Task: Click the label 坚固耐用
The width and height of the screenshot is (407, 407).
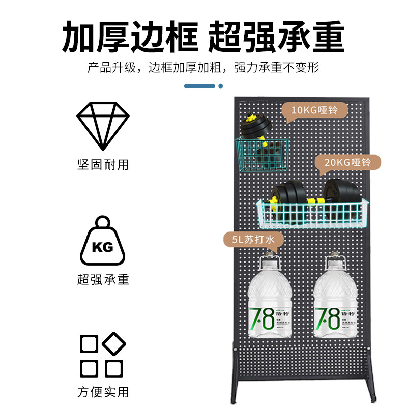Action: [103, 165]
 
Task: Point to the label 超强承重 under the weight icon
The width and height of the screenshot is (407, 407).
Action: [103, 279]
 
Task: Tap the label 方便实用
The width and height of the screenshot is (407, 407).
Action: [103, 392]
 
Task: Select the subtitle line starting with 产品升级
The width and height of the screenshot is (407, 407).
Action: [203, 68]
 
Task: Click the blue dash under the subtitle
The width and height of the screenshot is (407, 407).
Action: [199, 86]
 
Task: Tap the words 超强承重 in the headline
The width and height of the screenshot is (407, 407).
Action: [277, 37]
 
